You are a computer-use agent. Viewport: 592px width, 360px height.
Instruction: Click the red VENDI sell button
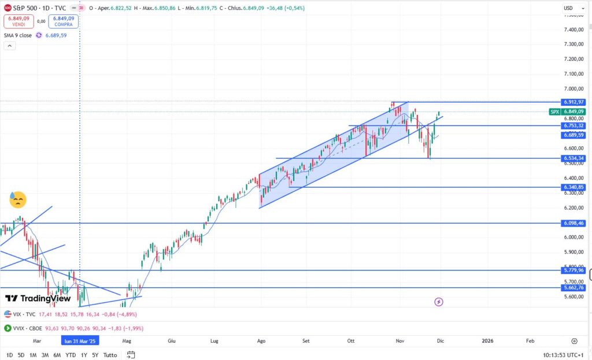(18, 21)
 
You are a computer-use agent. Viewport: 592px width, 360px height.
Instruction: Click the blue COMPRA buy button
(63, 21)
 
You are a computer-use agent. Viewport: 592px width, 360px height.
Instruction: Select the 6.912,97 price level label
(573, 102)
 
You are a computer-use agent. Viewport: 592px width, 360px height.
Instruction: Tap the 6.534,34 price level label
(573, 158)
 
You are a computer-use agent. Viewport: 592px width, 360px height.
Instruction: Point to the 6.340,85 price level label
(573, 187)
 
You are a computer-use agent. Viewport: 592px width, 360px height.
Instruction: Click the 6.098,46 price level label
(573, 223)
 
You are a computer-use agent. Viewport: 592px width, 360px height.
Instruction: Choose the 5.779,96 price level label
(573, 270)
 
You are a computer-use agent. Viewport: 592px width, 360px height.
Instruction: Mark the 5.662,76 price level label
(573, 287)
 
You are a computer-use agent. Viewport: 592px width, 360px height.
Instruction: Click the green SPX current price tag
(567, 112)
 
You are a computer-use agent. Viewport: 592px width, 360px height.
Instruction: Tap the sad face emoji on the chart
(17, 200)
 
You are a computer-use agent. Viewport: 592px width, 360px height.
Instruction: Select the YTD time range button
(71, 355)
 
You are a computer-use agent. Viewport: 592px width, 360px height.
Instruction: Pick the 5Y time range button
(95, 355)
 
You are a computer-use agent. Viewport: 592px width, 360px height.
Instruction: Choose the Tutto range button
(110, 355)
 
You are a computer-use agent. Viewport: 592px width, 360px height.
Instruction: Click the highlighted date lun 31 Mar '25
(80, 341)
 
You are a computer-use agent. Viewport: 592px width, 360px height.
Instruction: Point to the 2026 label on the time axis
(489, 341)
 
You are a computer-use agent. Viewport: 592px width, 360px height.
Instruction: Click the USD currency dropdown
(571, 8)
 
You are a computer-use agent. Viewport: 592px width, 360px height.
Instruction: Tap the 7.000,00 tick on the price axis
(573, 89)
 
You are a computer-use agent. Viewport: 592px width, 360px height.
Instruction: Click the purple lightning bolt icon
(439, 302)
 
